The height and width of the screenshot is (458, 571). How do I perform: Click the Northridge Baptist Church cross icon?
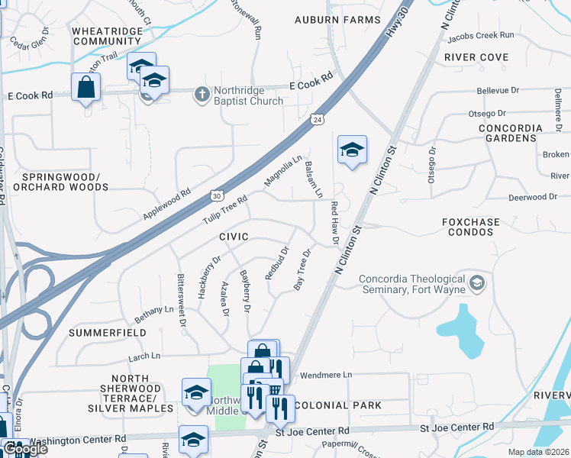click(x=202, y=94)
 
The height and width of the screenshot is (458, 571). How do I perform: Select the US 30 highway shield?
click(x=218, y=195)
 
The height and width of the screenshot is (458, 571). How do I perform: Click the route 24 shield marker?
click(x=316, y=119)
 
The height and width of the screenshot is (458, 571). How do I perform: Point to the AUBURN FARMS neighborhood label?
click(x=337, y=19)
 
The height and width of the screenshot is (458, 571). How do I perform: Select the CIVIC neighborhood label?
click(x=234, y=237)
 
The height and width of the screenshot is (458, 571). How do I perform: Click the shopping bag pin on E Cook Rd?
click(x=85, y=88)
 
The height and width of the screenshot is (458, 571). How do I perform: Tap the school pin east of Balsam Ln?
click(x=352, y=150)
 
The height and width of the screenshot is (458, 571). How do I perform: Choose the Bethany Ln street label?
click(x=154, y=311)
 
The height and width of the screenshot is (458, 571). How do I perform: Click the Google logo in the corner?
click(x=24, y=449)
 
